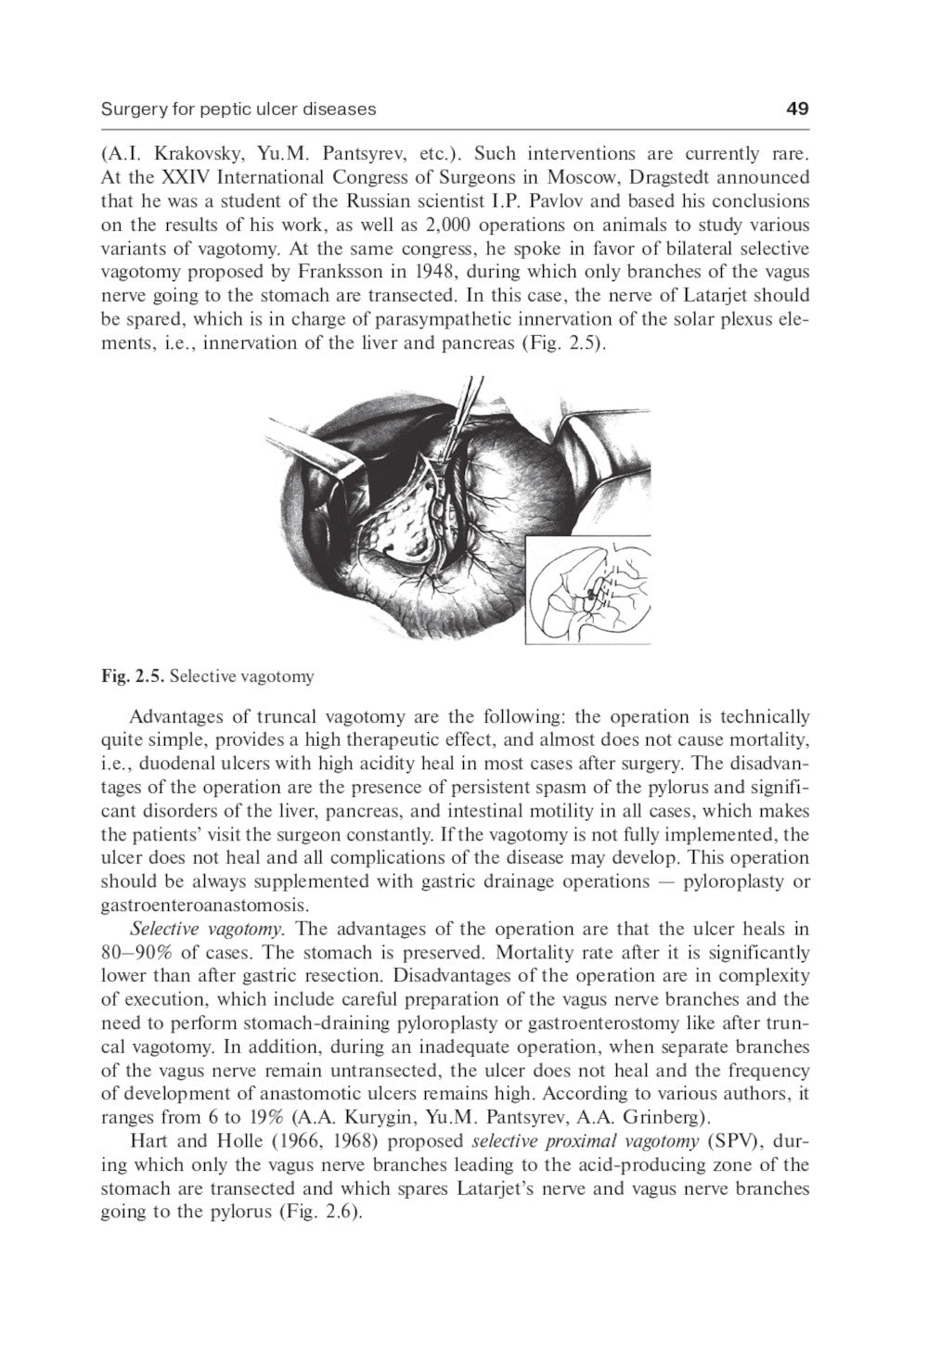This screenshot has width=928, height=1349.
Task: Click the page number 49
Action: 796,109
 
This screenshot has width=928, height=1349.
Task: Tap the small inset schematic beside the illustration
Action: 588,591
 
